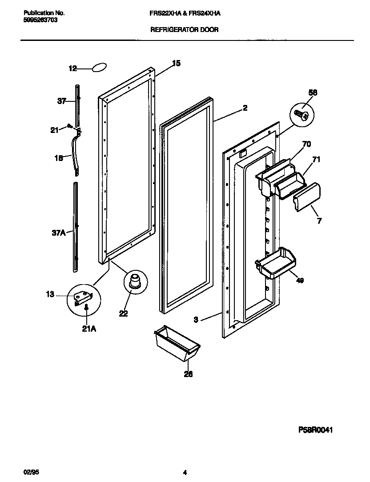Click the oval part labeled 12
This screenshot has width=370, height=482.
(x=100, y=67)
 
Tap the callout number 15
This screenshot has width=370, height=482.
(x=176, y=64)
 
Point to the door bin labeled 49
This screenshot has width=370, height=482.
(x=276, y=265)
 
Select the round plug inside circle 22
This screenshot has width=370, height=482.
(x=134, y=281)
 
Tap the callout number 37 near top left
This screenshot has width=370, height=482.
(x=62, y=101)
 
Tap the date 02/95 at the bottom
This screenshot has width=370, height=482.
(x=29, y=472)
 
